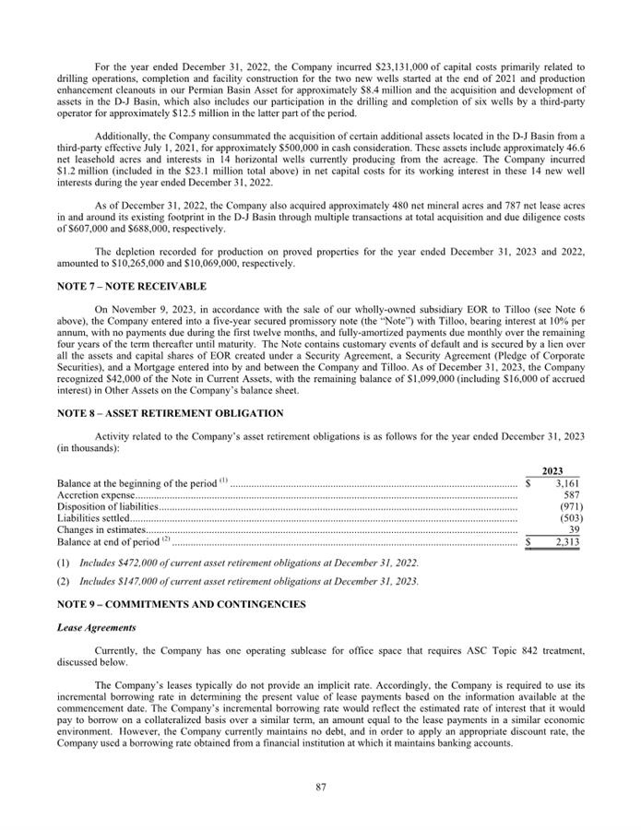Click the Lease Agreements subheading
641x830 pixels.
pyautogui.click(x=95, y=628)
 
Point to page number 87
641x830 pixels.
pyautogui.click(x=320, y=787)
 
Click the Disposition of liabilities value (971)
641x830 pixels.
pyautogui.click(x=569, y=506)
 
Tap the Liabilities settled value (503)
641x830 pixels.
pyautogui.click(x=569, y=518)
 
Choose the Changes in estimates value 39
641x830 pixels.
pyautogui.click(x=574, y=530)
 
